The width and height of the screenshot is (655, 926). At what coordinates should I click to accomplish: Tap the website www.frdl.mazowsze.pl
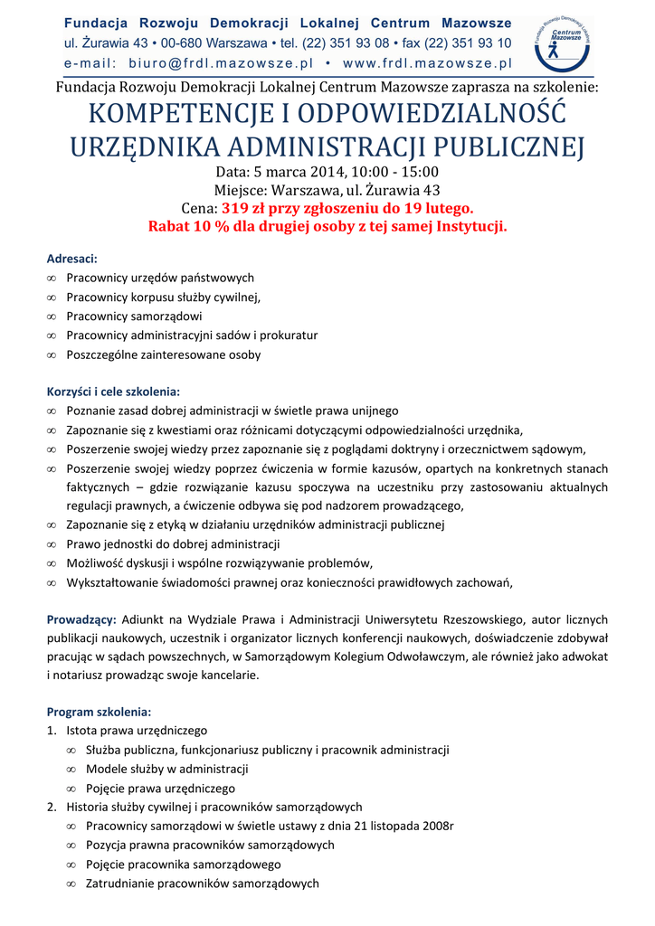tap(428, 63)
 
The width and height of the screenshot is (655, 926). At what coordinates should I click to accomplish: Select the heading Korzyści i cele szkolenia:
tap(113, 392)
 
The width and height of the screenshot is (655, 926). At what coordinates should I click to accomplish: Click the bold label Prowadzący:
tap(81, 619)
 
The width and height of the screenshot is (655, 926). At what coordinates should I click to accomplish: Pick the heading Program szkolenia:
tap(99, 711)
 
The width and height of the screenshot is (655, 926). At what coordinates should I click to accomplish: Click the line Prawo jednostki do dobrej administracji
tap(173, 544)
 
